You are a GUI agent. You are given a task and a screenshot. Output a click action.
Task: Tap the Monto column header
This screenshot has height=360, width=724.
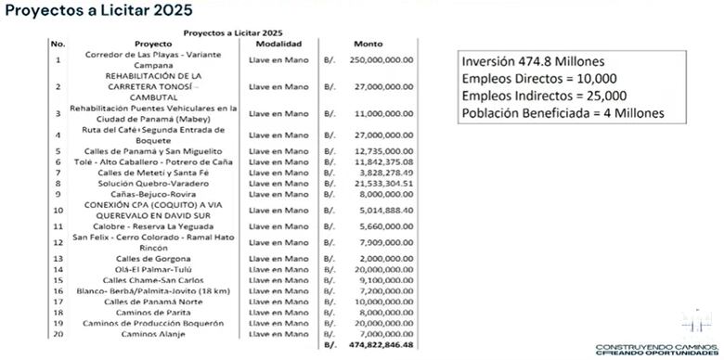click(x=368, y=44)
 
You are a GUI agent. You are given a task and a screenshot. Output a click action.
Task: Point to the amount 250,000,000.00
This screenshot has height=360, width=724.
click(x=382, y=59)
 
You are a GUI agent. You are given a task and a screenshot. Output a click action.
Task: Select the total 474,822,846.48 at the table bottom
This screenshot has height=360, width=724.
click(x=381, y=345)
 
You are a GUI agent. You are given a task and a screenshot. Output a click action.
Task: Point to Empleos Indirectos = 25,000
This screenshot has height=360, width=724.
click(x=544, y=96)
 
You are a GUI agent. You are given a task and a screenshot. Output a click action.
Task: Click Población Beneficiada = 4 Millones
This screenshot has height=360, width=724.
click(x=562, y=114)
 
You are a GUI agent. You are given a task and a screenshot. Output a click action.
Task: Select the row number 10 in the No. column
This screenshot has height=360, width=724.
click(x=58, y=211)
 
